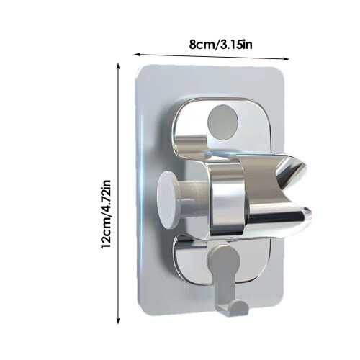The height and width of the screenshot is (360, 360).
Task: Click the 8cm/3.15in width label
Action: coord(221,45)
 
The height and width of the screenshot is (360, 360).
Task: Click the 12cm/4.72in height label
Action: coord(106,215)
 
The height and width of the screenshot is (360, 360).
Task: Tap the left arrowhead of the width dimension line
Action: coord(138,55)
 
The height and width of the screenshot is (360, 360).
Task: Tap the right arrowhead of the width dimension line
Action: coord(286,59)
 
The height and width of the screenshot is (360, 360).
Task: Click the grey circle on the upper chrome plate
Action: coord(222,122)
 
